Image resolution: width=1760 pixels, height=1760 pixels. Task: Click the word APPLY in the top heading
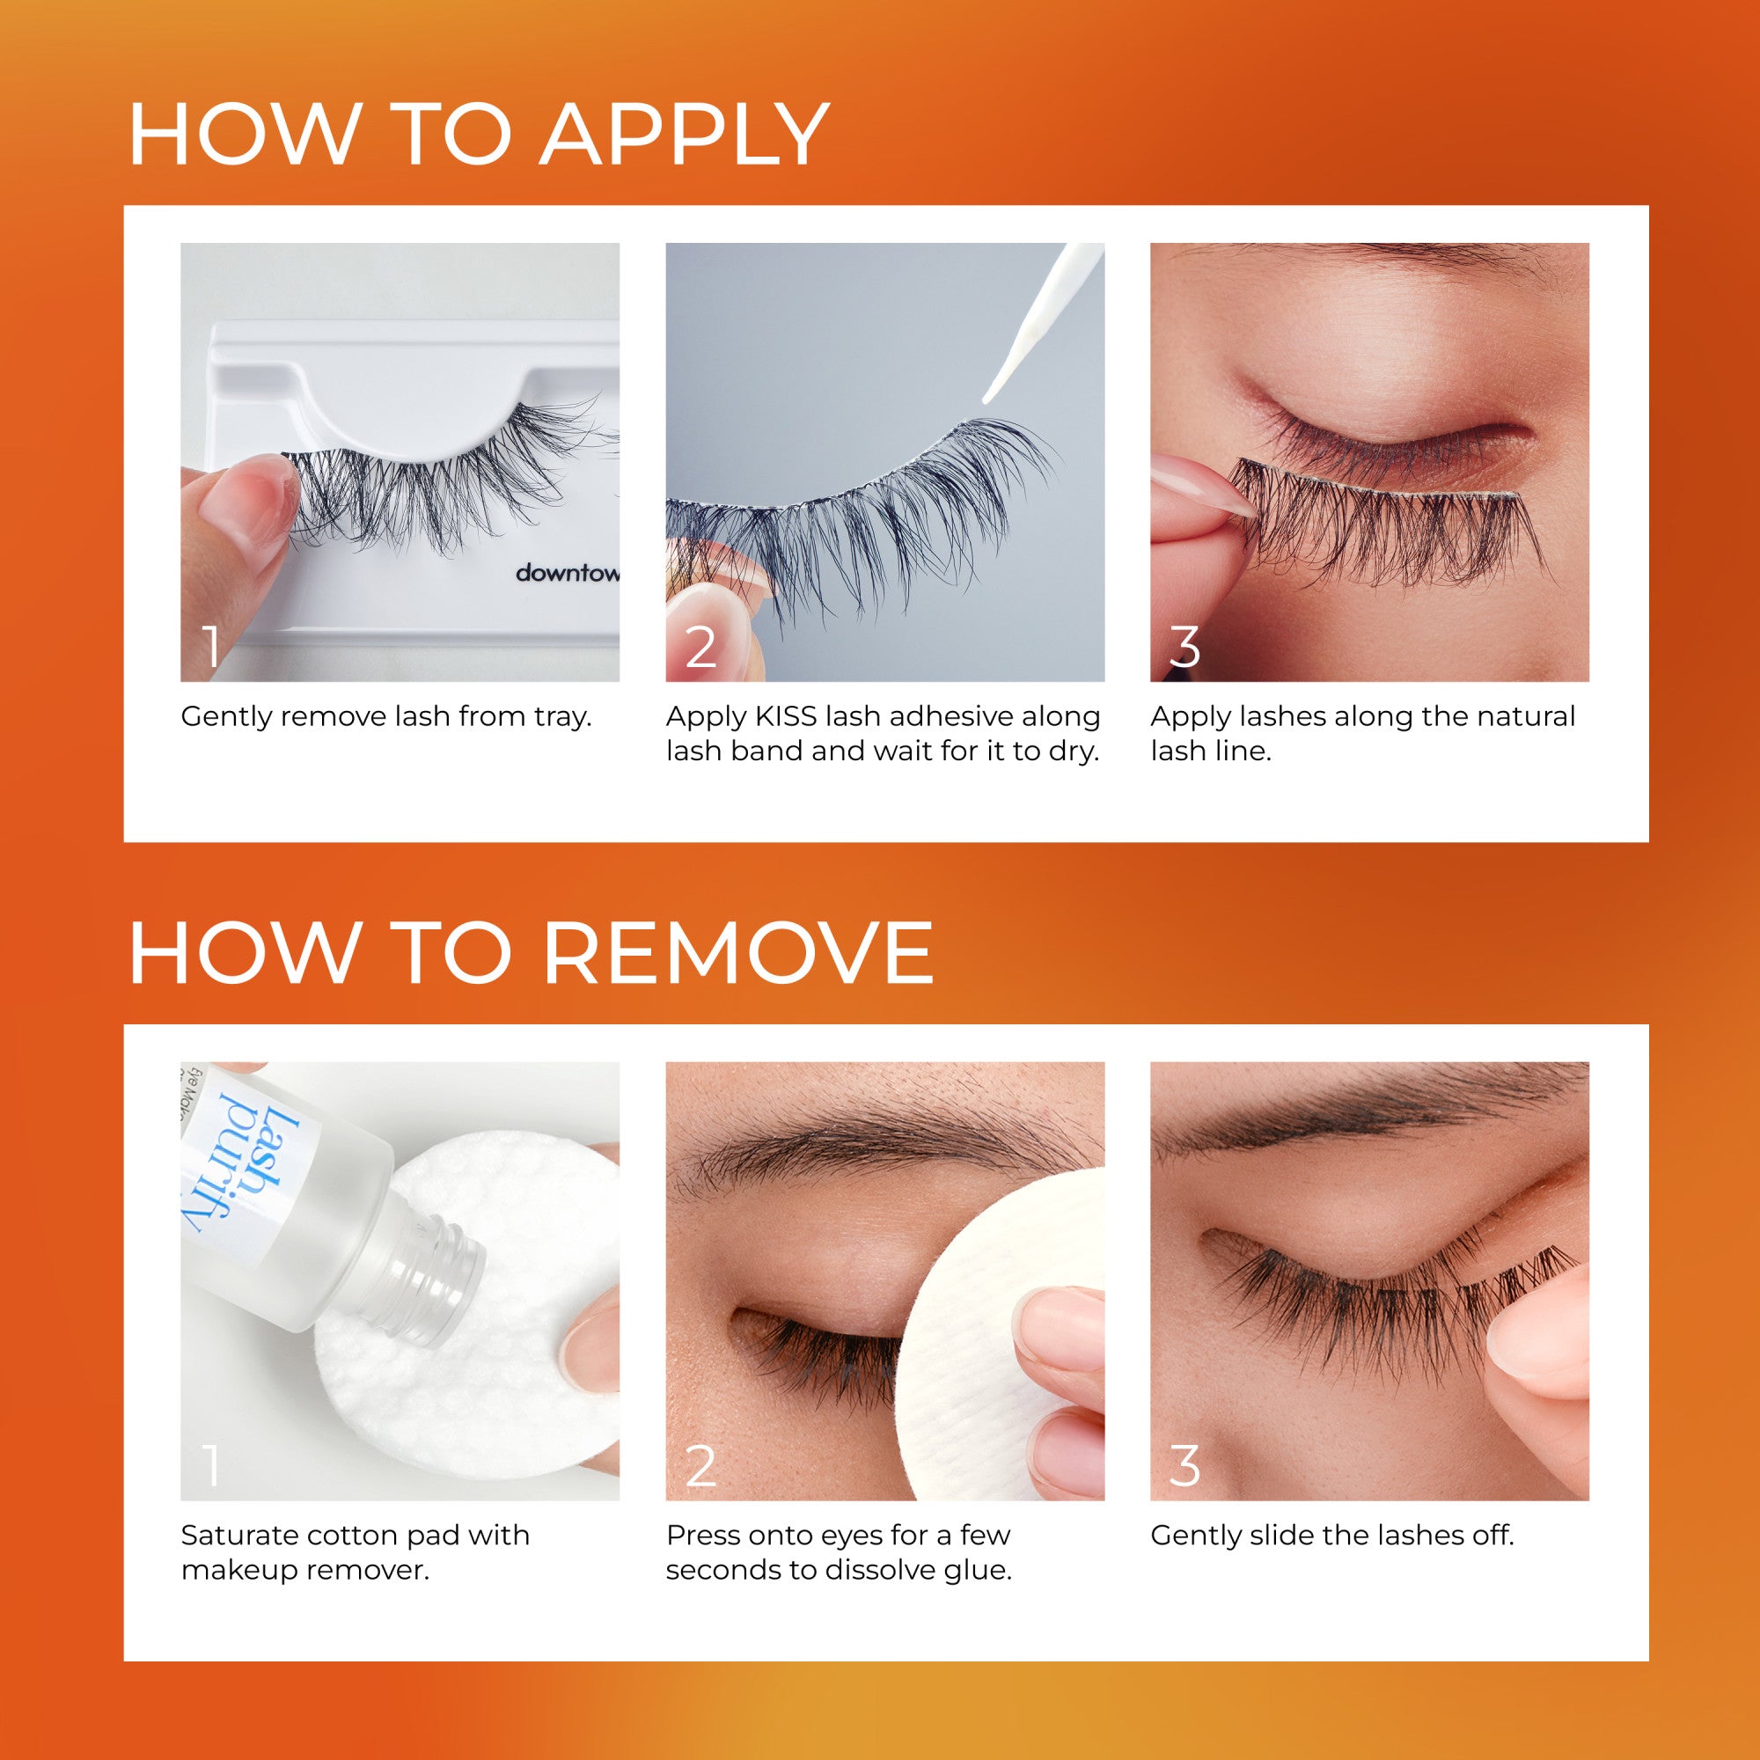[683, 136]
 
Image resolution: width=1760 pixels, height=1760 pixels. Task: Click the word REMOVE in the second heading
[738, 954]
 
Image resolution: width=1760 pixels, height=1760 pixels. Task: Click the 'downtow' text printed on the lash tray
[567, 573]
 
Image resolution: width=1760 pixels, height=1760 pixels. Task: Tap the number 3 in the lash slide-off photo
[1184, 1467]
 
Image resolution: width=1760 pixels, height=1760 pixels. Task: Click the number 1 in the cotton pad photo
[211, 1467]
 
